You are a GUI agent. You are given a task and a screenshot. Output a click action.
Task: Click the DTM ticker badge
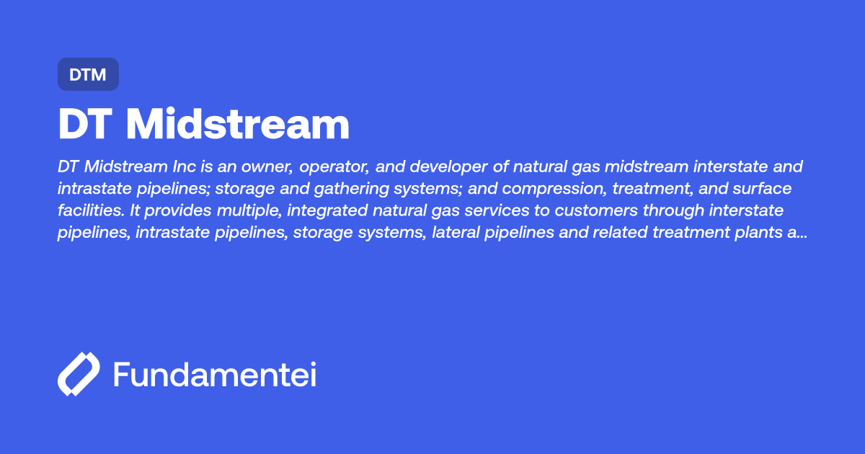(x=88, y=74)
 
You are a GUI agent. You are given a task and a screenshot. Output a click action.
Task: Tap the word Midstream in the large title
(x=237, y=125)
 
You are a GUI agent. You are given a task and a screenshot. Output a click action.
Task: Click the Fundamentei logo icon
(x=78, y=374)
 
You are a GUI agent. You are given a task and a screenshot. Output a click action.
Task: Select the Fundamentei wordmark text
(x=215, y=375)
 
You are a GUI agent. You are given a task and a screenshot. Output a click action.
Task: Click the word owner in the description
(x=259, y=167)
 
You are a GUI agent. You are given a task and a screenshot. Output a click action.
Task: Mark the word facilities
(x=88, y=211)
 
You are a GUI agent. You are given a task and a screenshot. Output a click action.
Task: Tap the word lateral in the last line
(x=455, y=233)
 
